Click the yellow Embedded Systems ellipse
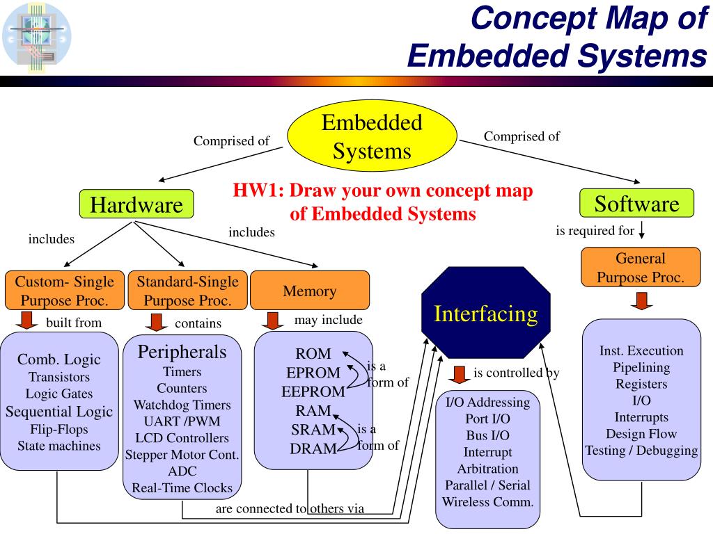372,138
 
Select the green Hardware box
136,205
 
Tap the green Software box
636,204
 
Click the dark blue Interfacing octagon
485,314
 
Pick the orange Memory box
309,291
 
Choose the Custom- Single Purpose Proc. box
64,291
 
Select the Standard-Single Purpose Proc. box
187,291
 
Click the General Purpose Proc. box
640,268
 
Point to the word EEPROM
313,391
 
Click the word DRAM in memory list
313,448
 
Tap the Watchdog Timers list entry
182,405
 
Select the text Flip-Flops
59,428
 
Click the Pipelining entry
641,367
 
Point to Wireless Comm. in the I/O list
487,501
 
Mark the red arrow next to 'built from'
28,321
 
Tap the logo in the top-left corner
37,36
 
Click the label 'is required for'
595,231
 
